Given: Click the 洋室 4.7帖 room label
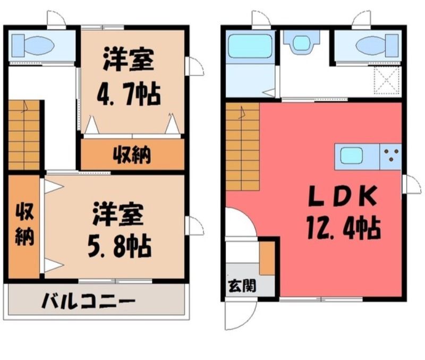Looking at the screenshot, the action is [x=129, y=76].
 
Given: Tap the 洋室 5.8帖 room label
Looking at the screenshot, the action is [x=118, y=230].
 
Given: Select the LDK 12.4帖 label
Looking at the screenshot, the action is [x=343, y=212].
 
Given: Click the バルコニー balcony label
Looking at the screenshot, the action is [x=88, y=300].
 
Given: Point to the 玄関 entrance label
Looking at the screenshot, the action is [x=242, y=286].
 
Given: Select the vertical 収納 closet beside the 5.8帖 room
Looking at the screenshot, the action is [x=24, y=227].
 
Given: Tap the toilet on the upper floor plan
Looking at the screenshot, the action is [x=33, y=45].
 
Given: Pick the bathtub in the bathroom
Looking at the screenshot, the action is [x=250, y=46].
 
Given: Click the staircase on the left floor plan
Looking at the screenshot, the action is [x=24, y=135].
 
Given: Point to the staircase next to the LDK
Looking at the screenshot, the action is [x=243, y=147].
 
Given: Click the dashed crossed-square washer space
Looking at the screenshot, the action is [x=387, y=80].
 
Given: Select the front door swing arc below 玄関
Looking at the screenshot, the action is [x=241, y=315].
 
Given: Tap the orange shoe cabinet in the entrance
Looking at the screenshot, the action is [x=267, y=258].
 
